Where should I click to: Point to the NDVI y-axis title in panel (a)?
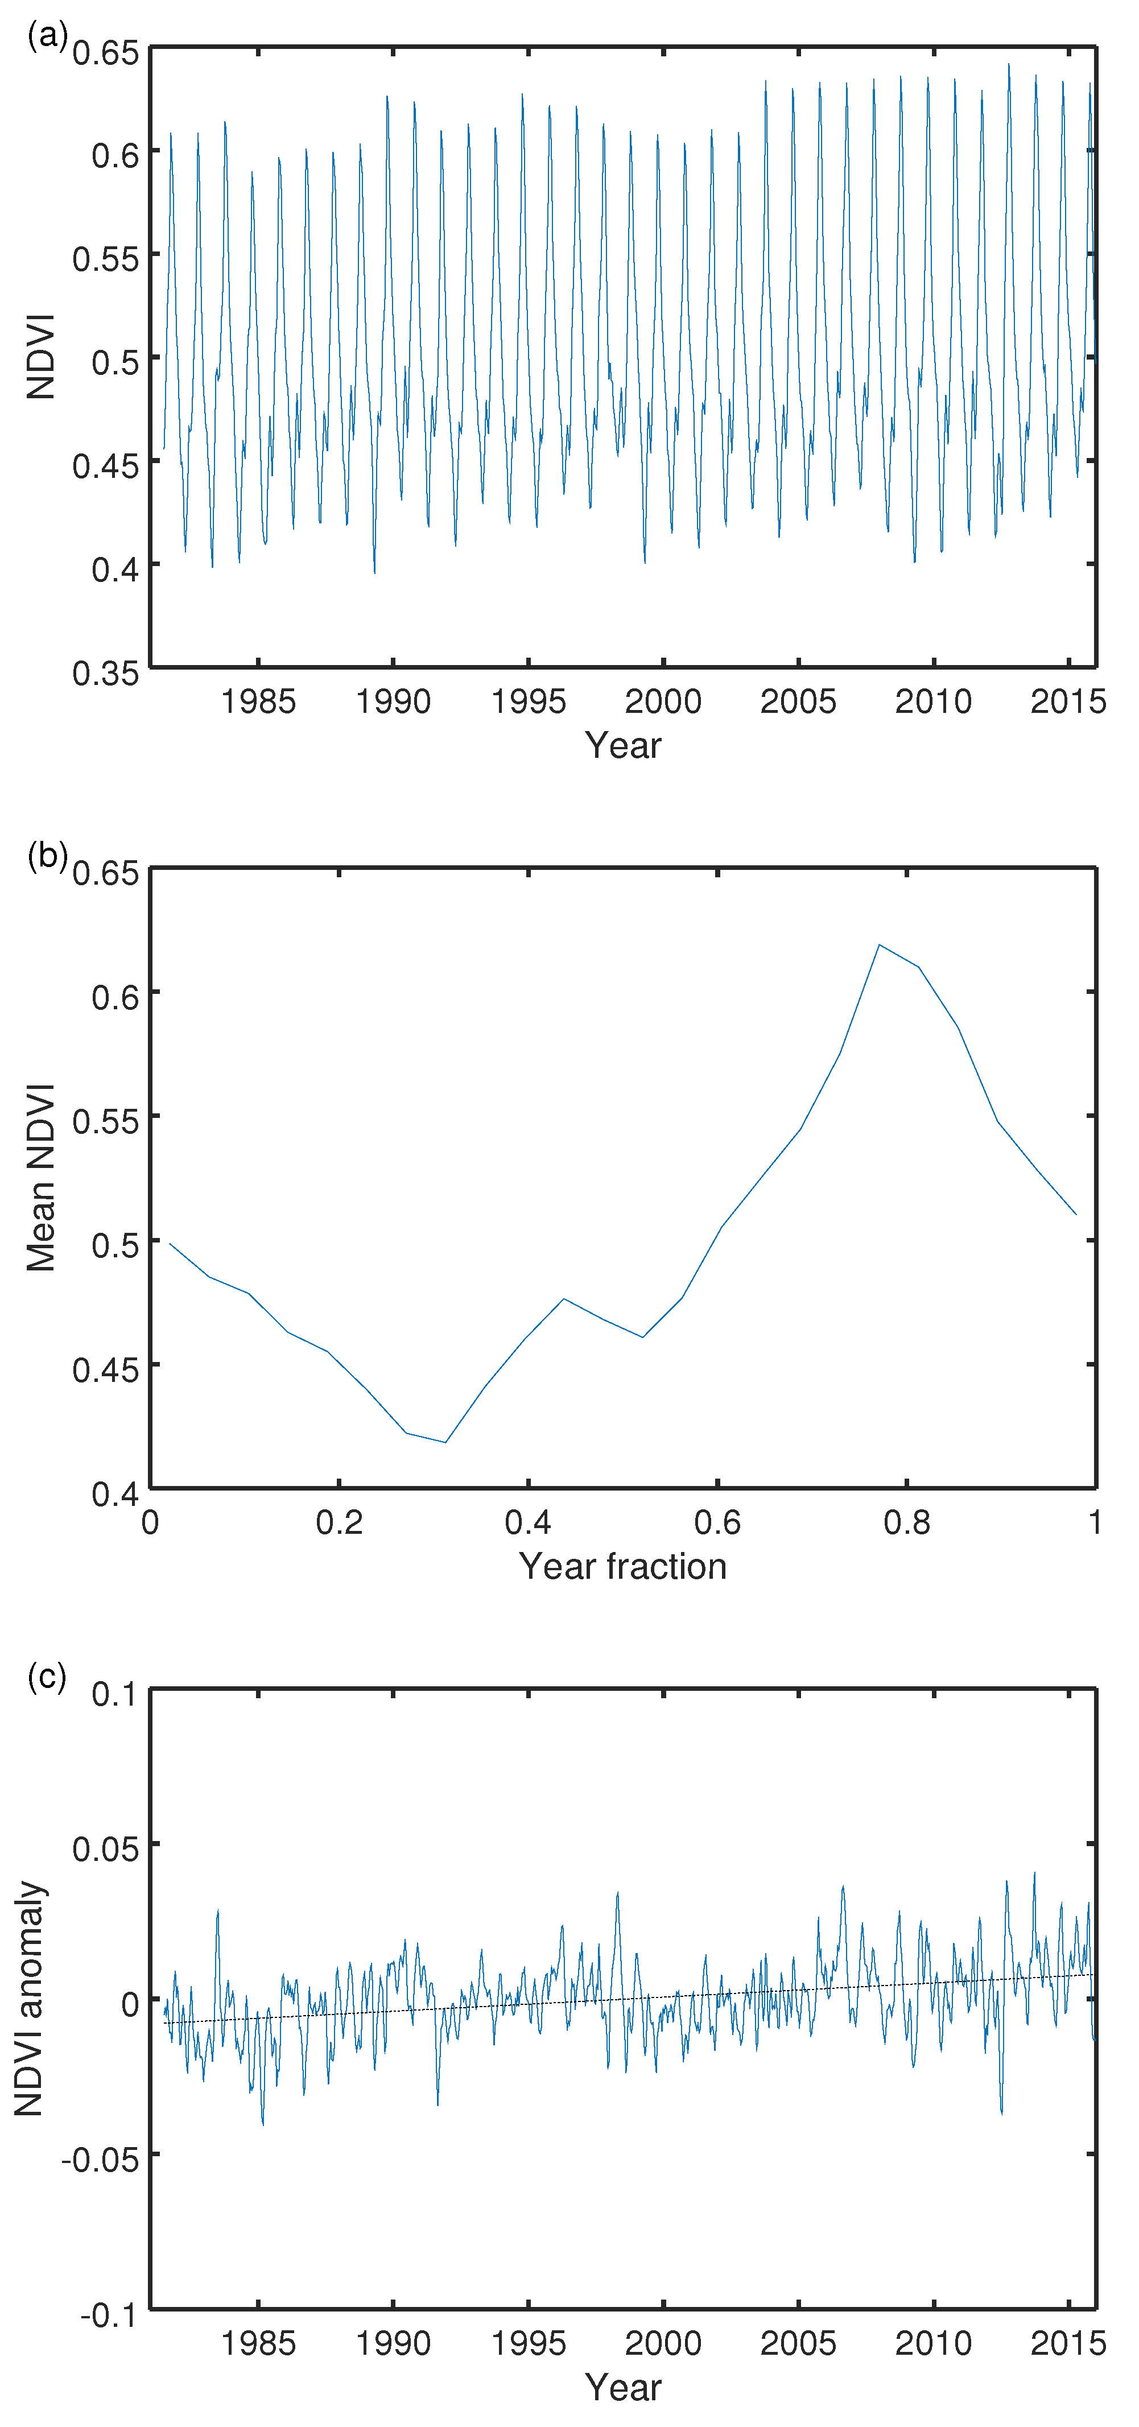[40, 357]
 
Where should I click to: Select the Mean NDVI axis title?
[40, 1178]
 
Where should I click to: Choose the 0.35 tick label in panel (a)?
[105, 672]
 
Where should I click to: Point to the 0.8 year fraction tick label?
[906, 1522]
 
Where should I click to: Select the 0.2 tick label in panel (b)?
[339, 1522]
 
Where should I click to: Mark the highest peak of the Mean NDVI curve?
[879, 945]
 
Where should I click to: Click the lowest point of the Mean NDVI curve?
[445, 1442]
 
